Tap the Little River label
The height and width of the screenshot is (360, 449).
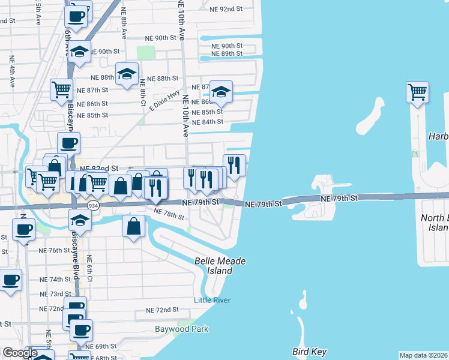(x=212, y=300)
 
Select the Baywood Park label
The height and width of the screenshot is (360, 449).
(x=181, y=329)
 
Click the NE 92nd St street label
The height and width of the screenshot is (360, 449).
(x=225, y=9)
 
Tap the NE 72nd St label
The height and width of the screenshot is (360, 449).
(x=163, y=310)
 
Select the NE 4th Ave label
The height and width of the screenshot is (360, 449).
(x=11, y=71)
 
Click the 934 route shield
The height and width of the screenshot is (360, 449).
(x=93, y=205)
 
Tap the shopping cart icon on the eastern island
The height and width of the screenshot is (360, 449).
(x=417, y=92)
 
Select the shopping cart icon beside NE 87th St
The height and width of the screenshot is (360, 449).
(x=62, y=89)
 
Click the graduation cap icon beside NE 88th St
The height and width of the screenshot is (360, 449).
(x=127, y=73)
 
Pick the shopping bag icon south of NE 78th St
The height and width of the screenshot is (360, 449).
(x=134, y=226)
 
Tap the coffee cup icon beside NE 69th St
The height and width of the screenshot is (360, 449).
(x=81, y=329)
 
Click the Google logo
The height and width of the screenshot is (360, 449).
(x=20, y=353)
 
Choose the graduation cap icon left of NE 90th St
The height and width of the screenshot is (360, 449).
(x=79, y=52)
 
